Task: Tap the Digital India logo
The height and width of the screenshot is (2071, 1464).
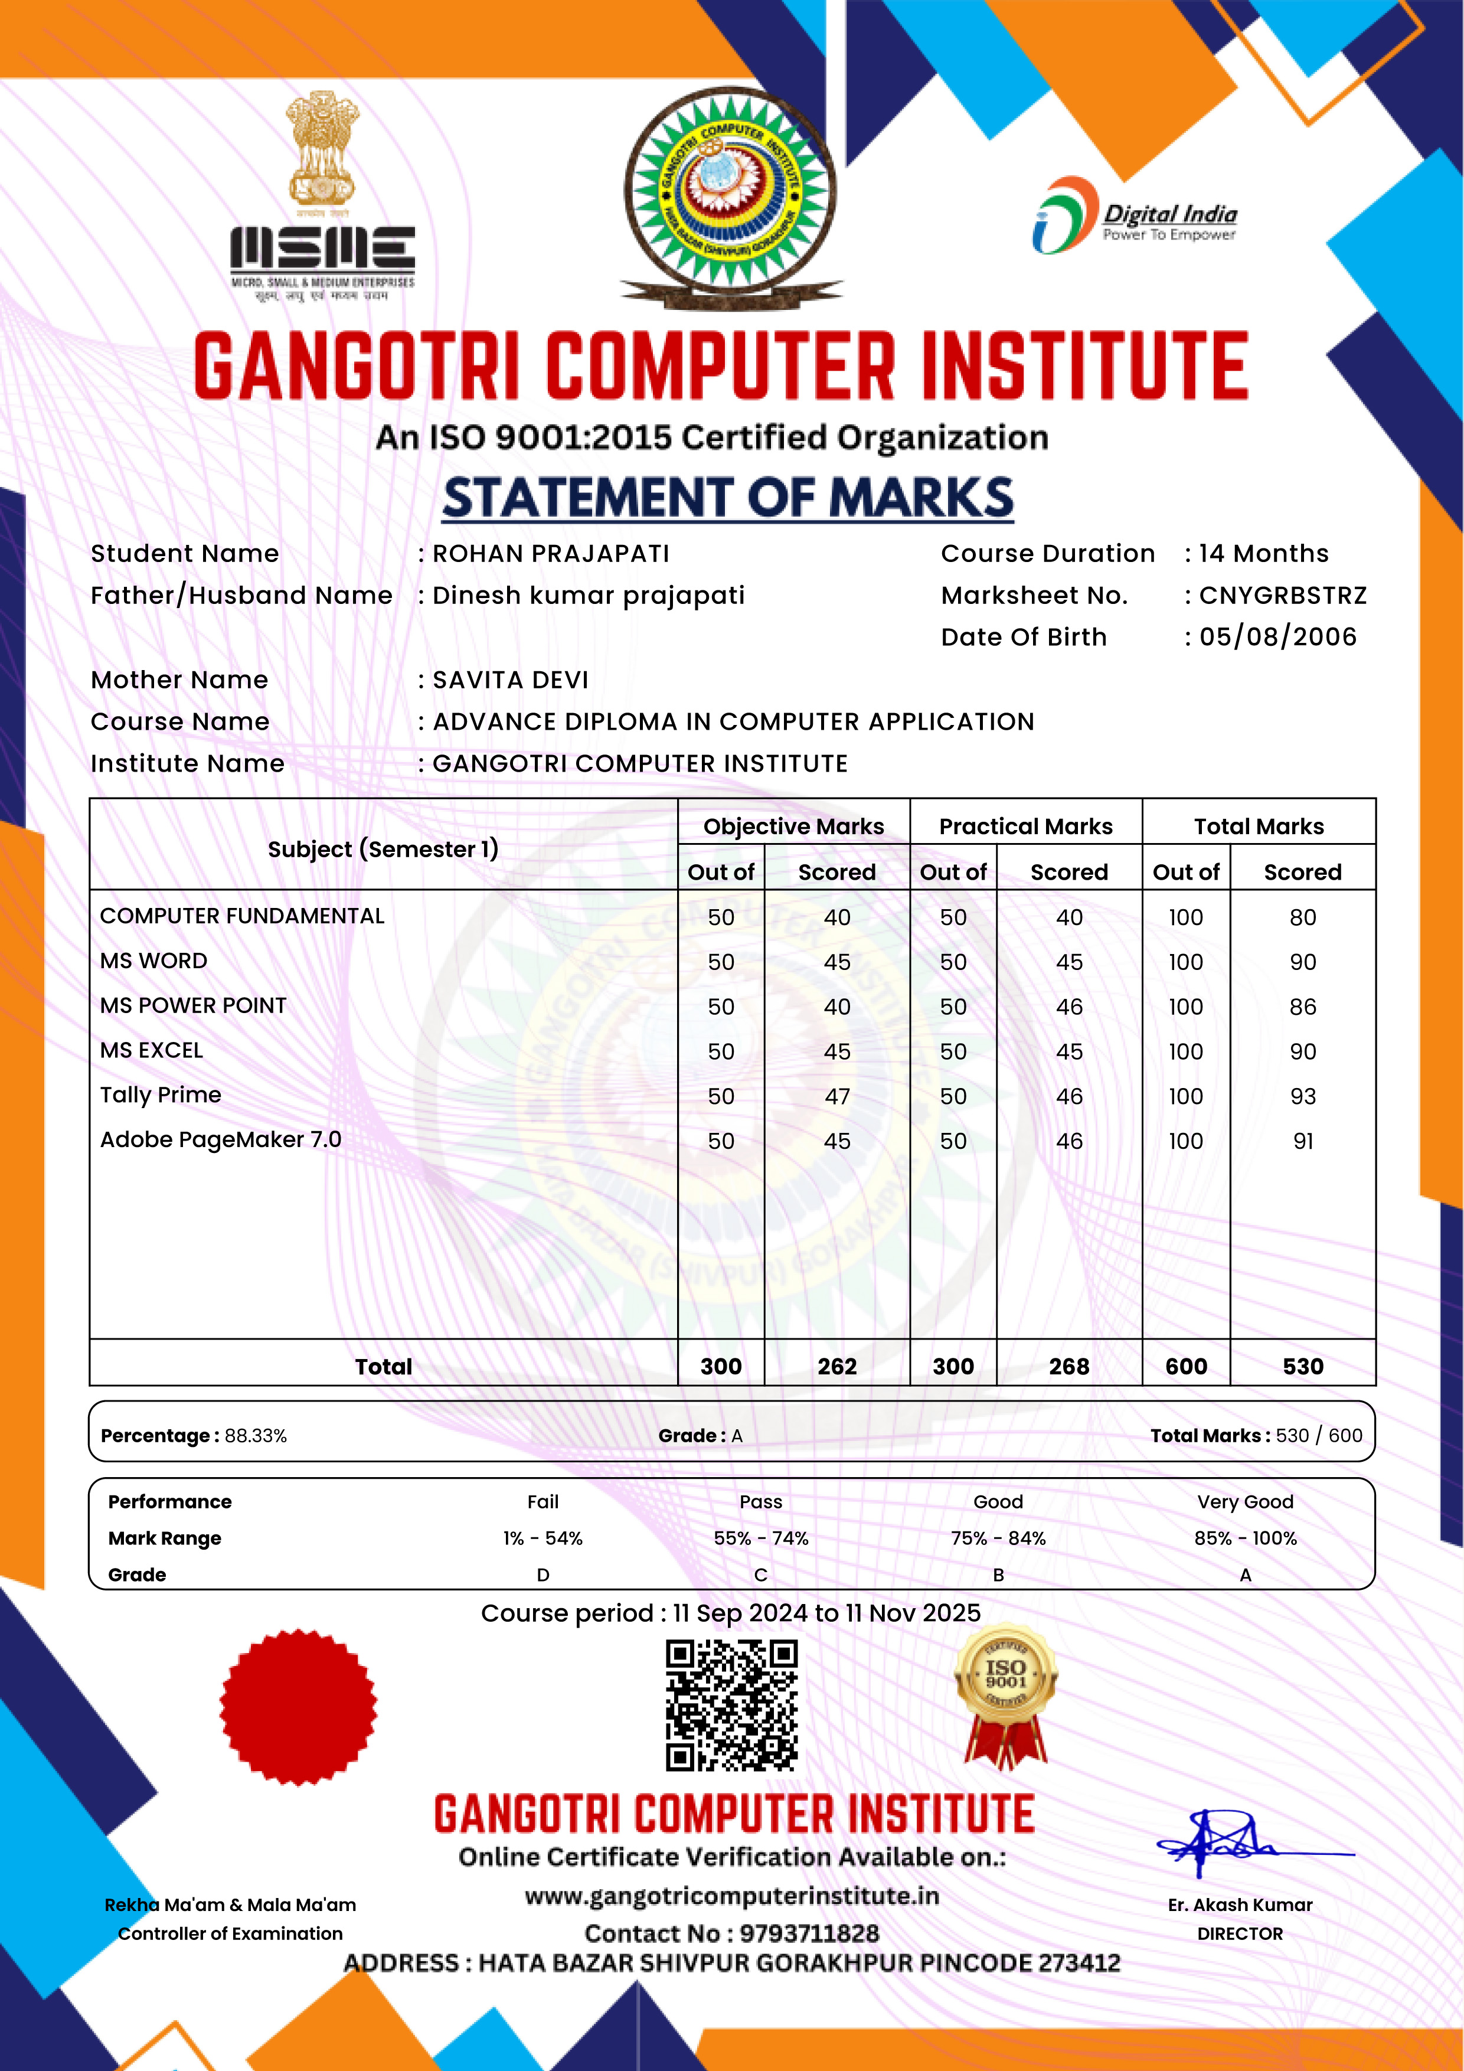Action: (1135, 217)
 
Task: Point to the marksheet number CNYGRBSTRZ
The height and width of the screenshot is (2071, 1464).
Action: (1283, 595)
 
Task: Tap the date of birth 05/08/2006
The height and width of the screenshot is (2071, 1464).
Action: (1277, 637)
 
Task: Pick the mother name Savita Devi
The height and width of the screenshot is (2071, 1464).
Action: (511, 680)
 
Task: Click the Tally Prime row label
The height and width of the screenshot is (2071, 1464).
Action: (161, 1095)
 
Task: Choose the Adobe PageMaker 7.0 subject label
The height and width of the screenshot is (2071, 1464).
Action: (221, 1140)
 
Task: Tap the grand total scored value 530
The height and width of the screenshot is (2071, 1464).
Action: (1302, 1367)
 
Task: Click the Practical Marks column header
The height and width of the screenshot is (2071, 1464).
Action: (1025, 827)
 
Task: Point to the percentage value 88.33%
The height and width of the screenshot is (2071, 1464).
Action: (256, 1436)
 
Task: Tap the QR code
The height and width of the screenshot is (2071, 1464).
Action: (731, 1705)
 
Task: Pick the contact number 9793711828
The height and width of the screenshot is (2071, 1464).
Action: (809, 1933)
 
